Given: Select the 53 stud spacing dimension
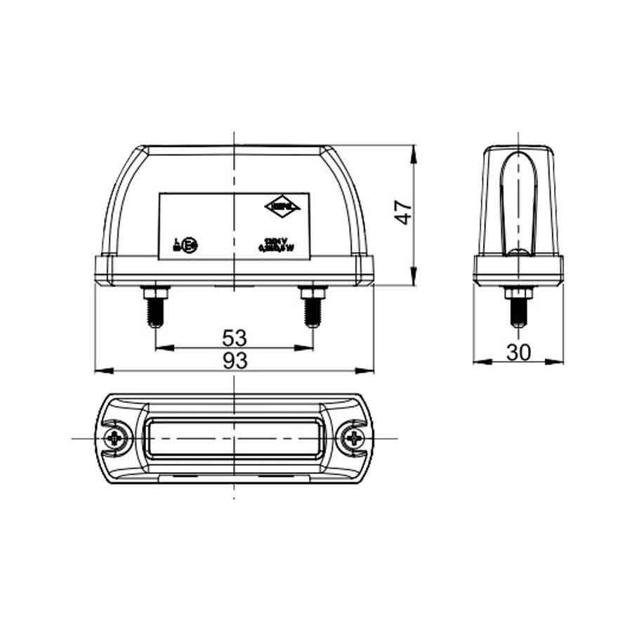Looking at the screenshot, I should (x=235, y=338).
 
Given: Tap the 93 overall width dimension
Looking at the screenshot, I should (x=235, y=361).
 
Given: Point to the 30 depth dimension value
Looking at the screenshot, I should (x=518, y=353).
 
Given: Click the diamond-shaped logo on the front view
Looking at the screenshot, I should (x=284, y=206).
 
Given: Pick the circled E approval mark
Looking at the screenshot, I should (x=190, y=245).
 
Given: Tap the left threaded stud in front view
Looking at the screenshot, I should (x=155, y=309).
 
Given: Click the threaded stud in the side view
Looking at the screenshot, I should (x=518, y=309).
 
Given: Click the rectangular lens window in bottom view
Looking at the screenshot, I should (x=234, y=438).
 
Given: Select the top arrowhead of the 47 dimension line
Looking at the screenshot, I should (x=413, y=151).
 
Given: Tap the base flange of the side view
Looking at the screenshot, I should (x=518, y=270).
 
